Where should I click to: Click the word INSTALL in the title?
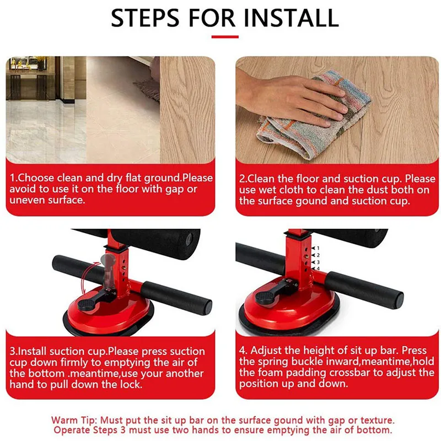pyautogui.click(x=291, y=18)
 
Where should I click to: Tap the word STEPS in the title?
pyautogui.click(x=145, y=18)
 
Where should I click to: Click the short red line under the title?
pyautogui.click(x=225, y=37)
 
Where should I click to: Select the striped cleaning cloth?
pyautogui.click(x=315, y=118)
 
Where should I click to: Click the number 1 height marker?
pyautogui.click(x=318, y=248)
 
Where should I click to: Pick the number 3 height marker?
pyautogui.click(x=318, y=262)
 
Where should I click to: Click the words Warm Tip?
pyautogui.click(x=74, y=420)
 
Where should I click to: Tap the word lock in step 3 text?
pyautogui.click(x=131, y=384)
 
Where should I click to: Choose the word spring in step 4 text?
pyautogui.click(x=273, y=362)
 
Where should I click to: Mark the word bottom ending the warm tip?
pyautogui.click(x=374, y=430)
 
